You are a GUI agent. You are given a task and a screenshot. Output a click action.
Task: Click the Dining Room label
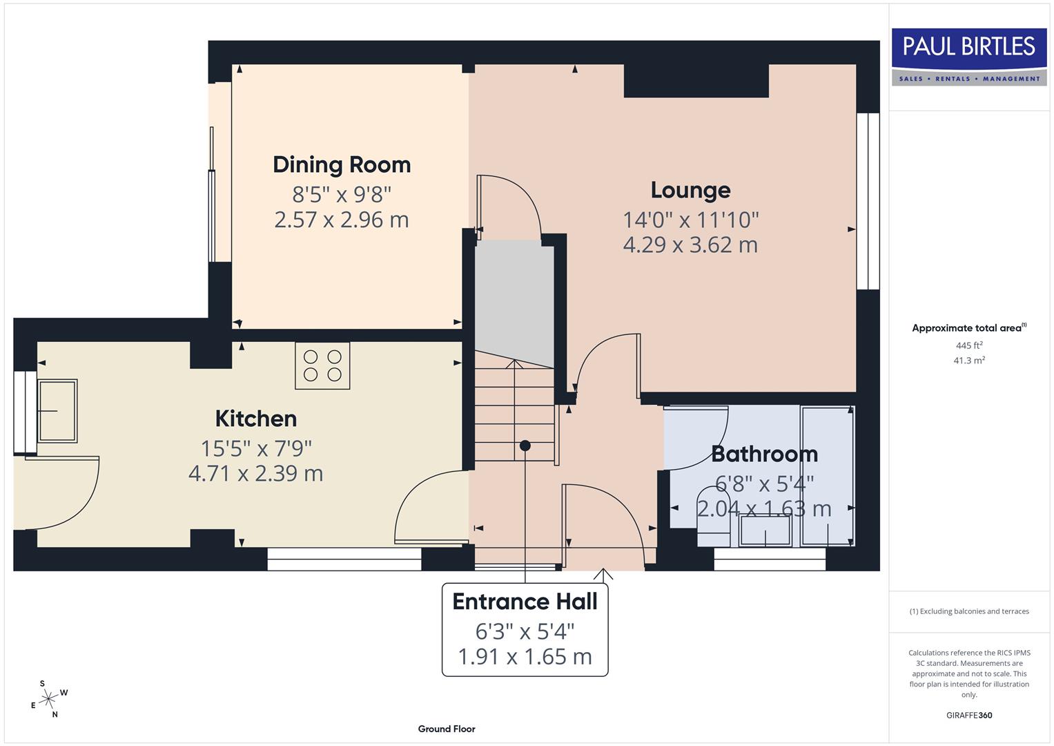pyautogui.click(x=342, y=164)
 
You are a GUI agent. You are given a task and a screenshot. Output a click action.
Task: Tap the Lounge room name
pyautogui.click(x=690, y=190)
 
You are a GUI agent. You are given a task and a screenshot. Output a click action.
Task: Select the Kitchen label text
pyautogui.click(x=255, y=419)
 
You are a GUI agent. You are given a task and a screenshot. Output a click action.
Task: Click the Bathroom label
pyautogui.click(x=764, y=454)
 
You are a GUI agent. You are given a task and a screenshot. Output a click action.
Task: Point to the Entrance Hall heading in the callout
pyautogui.click(x=525, y=602)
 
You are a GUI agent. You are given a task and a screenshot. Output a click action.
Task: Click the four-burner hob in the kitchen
pyautogui.click(x=322, y=365)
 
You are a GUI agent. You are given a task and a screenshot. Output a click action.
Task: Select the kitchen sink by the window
pyautogui.click(x=57, y=410)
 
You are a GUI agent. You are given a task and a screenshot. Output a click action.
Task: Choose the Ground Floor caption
pyautogui.click(x=447, y=729)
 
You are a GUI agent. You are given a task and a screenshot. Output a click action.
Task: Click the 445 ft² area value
pyautogui.click(x=968, y=345)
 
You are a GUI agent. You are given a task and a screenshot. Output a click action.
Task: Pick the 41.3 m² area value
pyautogui.click(x=968, y=361)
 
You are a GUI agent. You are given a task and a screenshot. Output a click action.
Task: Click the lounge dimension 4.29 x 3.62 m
pyautogui.click(x=690, y=245)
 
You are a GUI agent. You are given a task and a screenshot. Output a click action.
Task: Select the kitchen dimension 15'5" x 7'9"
pyautogui.click(x=256, y=448)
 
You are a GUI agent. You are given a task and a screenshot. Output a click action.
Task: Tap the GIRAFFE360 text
pyautogui.click(x=968, y=715)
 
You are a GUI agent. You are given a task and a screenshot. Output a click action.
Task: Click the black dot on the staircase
pyautogui.click(x=525, y=446)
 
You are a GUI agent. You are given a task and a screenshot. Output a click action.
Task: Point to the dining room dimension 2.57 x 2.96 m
pyautogui.click(x=342, y=220)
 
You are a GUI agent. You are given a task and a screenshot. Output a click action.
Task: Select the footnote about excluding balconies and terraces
pyautogui.click(x=968, y=611)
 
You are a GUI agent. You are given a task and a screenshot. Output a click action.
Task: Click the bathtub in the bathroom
pyautogui.click(x=827, y=476)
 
